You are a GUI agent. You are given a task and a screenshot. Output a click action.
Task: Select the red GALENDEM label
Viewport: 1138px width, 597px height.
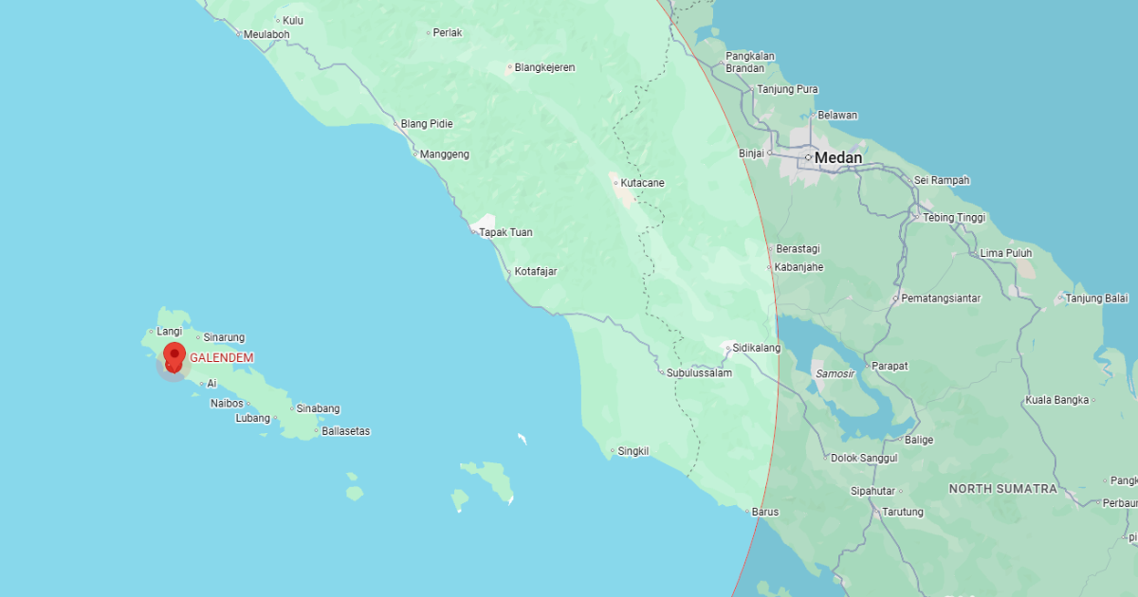click(x=222, y=358)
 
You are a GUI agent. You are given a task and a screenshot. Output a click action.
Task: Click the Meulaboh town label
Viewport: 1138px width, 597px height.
click(x=266, y=35)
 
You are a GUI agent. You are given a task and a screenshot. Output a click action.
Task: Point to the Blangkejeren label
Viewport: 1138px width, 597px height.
click(x=544, y=68)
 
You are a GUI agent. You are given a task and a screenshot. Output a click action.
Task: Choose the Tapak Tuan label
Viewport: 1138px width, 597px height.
click(x=505, y=232)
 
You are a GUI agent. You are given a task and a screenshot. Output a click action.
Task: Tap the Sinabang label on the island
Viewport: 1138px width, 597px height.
click(x=318, y=409)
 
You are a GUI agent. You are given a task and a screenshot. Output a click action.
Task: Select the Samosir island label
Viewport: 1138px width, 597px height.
click(x=835, y=374)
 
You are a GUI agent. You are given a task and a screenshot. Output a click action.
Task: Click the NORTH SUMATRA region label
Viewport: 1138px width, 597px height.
click(x=1002, y=489)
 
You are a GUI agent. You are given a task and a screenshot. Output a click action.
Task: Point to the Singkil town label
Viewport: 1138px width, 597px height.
click(x=633, y=452)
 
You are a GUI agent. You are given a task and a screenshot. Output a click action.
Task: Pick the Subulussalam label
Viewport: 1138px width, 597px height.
click(x=699, y=373)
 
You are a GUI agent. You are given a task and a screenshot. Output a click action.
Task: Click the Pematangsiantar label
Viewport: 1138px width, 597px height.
click(x=941, y=298)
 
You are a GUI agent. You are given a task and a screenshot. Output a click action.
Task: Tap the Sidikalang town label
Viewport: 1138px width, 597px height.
click(x=756, y=349)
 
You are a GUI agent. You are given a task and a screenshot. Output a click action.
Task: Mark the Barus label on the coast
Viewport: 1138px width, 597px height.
click(x=765, y=513)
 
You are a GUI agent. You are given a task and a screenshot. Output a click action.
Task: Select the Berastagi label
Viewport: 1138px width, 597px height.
click(x=798, y=249)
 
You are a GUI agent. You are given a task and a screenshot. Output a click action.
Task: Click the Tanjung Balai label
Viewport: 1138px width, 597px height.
click(x=1096, y=299)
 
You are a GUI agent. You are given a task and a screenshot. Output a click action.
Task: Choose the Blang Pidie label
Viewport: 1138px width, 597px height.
click(x=426, y=124)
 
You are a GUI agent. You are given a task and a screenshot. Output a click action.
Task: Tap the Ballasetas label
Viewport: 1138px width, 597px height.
click(x=346, y=432)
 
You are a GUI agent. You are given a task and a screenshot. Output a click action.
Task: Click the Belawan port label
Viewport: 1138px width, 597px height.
click(x=837, y=116)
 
